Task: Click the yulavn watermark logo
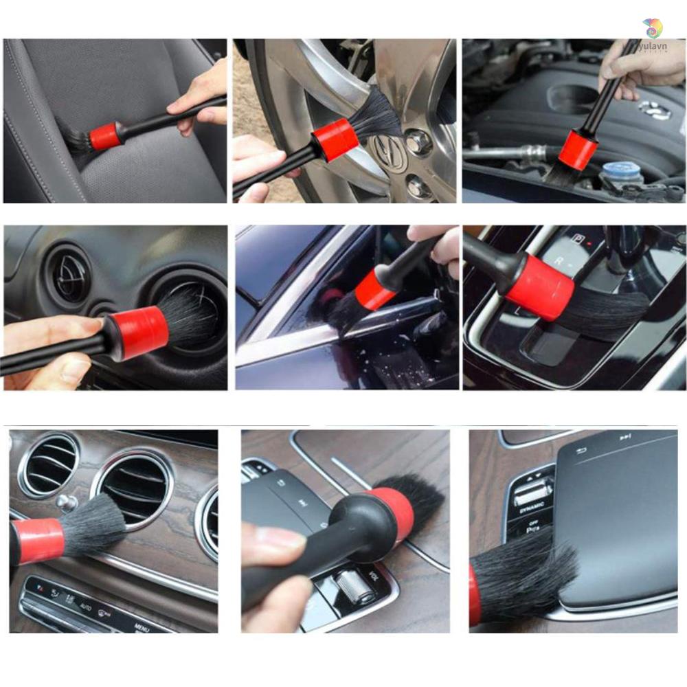click(653, 28)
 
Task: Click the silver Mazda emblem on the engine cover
click(653, 109)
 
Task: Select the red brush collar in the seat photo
click(104, 137)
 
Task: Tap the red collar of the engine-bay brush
click(577, 150)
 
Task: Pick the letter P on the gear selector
click(579, 240)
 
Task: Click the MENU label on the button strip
click(142, 627)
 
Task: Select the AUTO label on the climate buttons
click(85, 607)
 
